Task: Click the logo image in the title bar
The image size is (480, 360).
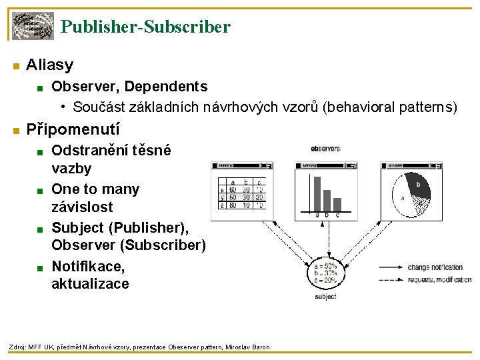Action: click(33, 26)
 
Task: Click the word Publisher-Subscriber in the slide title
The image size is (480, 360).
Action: click(145, 27)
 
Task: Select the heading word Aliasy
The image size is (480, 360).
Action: click(49, 65)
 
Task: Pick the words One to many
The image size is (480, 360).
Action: click(95, 189)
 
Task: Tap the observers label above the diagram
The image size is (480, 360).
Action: click(325, 148)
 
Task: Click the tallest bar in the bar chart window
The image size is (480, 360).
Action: click(317, 193)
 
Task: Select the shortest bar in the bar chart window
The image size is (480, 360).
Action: click(337, 206)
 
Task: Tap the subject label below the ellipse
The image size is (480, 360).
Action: click(325, 296)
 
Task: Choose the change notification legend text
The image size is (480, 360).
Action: click(435, 267)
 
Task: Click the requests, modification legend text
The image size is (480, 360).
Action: click(439, 280)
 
